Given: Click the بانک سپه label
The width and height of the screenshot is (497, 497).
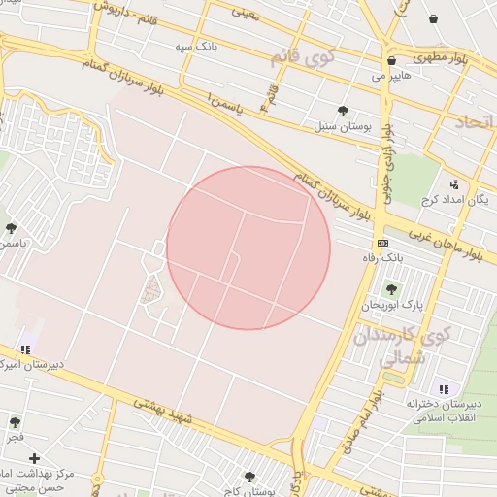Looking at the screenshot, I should pos(195,46).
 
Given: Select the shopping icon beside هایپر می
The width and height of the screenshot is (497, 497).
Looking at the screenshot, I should pos(391,60).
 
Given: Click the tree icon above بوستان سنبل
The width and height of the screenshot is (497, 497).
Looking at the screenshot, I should pos(343,111).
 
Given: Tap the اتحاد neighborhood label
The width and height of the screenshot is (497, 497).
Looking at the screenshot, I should pos(471,121).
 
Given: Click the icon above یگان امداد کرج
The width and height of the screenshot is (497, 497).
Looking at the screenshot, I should pos(453,183).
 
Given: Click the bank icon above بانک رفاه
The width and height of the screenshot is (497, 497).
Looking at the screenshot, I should pos(382,243).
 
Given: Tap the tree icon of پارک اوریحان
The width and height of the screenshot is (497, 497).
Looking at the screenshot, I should pos(391,289).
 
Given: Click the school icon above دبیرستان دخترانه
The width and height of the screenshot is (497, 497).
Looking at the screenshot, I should pos(443,388).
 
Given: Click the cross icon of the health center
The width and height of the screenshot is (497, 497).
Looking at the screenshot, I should pos(35,458).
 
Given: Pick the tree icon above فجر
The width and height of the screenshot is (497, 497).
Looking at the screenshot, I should pos(15,422).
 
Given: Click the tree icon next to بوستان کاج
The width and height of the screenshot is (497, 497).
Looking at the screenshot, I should pos(249,477).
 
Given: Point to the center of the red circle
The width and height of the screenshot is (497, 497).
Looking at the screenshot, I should pos(248,248).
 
